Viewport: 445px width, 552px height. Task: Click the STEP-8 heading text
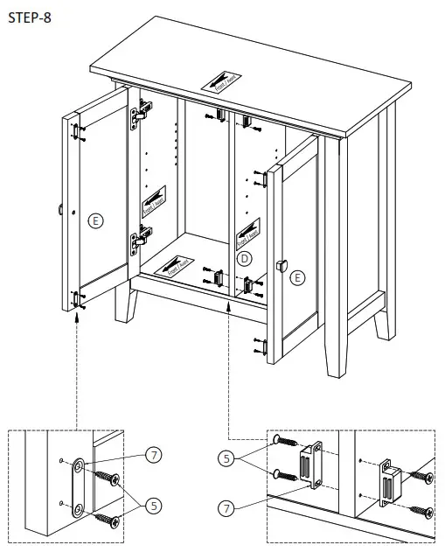(x=29, y=18)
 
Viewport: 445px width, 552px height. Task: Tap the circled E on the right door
(x=298, y=278)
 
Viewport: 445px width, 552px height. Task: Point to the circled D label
(x=245, y=258)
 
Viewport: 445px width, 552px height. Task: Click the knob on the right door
(x=282, y=264)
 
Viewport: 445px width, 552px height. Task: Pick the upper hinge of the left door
(x=141, y=113)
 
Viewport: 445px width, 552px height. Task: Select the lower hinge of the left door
(x=138, y=239)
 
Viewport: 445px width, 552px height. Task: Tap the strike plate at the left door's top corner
(x=76, y=130)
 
